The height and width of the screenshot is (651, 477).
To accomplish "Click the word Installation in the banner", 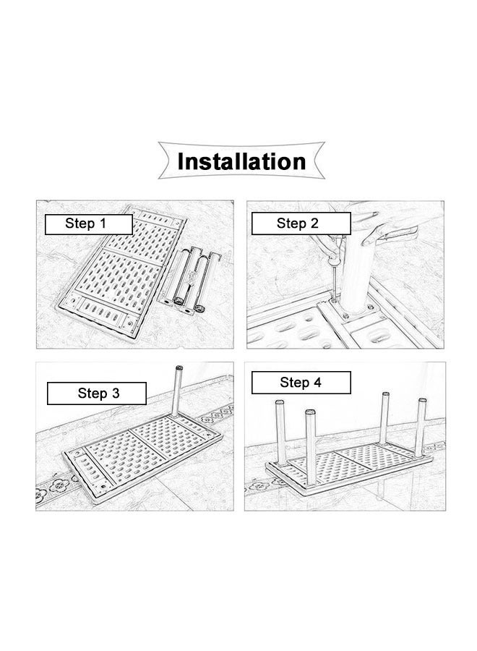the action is point(241,161).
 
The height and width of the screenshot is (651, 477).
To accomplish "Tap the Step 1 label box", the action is point(89,225).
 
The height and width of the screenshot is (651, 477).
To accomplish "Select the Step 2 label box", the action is point(301,224).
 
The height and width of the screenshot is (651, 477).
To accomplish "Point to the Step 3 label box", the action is point(97,393).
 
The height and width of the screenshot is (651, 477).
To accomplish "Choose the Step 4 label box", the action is point(301,383).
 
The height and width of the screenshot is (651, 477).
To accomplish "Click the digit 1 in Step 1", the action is point(102,224).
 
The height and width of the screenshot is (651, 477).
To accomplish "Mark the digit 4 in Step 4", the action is point(317,383).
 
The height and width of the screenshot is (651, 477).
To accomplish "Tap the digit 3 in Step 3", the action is point(115,393).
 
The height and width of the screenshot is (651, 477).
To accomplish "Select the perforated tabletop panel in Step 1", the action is point(121,273).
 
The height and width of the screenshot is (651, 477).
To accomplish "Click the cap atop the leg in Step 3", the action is point(179,368).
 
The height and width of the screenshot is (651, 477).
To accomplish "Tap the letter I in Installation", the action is point(181,161).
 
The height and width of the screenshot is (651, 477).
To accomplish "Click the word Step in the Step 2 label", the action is point(290,224).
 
